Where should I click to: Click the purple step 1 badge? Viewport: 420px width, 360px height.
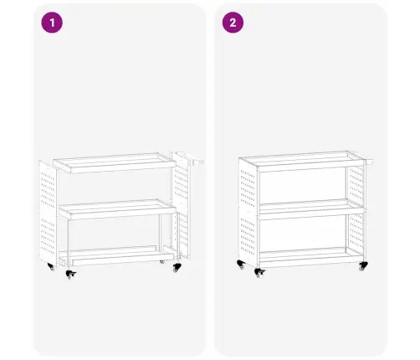point(52,23)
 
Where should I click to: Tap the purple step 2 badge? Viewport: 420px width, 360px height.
point(233,23)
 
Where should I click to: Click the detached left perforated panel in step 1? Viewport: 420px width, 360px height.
point(48,213)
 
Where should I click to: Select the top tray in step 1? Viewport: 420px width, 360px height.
point(115,163)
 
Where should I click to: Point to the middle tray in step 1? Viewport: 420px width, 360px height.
point(118,209)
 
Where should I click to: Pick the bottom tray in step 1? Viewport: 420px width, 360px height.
point(117,255)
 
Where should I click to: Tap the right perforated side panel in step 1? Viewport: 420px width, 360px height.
point(181,205)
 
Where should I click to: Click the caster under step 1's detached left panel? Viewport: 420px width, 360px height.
point(51,266)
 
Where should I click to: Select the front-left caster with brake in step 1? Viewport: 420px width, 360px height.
point(71,275)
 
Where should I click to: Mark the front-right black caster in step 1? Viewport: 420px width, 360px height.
point(177,268)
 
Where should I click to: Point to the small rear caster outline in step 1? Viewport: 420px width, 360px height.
point(162,262)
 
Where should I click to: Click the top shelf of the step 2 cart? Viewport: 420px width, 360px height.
point(303,162)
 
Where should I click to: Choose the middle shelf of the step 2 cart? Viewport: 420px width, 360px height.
point(312,208)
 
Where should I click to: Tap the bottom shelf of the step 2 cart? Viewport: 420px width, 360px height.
point(311,257)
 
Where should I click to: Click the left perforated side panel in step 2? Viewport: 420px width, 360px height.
point(248,213)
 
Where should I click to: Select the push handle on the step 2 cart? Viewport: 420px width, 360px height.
point(369,160)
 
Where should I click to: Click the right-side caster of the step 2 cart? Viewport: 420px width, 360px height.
point(363,266)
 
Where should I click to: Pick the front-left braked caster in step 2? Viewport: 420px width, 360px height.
point(259,273)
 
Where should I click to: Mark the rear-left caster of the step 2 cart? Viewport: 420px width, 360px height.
point(241,265)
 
